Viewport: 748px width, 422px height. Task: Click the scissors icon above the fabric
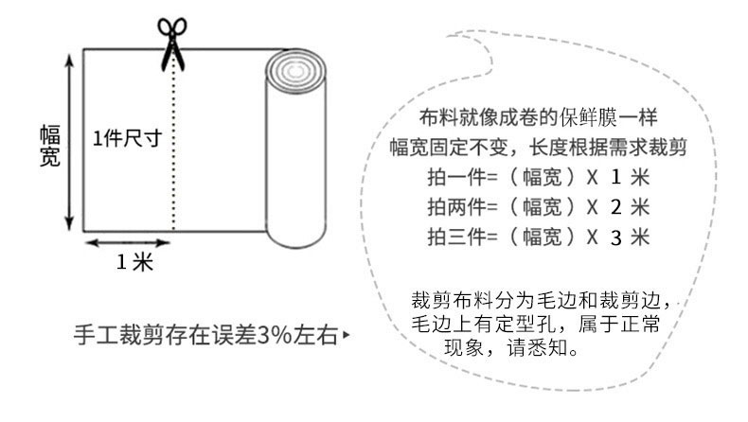171,43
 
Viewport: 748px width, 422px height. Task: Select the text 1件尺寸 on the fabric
126,137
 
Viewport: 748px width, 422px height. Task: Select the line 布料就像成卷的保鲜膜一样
537,117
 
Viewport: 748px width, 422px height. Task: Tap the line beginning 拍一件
537,177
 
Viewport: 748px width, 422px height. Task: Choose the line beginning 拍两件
537,206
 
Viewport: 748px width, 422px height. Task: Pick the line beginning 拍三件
537,237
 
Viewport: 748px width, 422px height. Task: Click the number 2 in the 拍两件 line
616,207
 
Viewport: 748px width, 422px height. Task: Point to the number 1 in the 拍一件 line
616,177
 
